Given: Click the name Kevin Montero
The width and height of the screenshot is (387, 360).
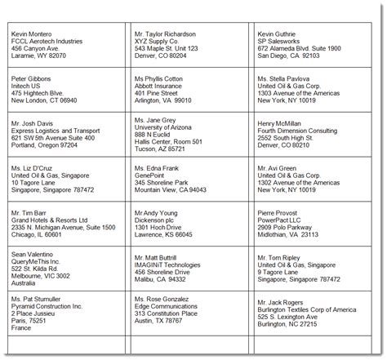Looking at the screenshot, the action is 33,34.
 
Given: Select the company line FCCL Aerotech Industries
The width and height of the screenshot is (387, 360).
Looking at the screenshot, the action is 48,42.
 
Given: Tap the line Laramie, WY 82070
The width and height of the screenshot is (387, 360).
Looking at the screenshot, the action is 38,57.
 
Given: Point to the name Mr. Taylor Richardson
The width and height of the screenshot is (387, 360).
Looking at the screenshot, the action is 165,34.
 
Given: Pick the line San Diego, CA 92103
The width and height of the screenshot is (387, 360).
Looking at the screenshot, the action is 287,57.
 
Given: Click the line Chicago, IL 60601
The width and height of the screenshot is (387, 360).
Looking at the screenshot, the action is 38,233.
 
